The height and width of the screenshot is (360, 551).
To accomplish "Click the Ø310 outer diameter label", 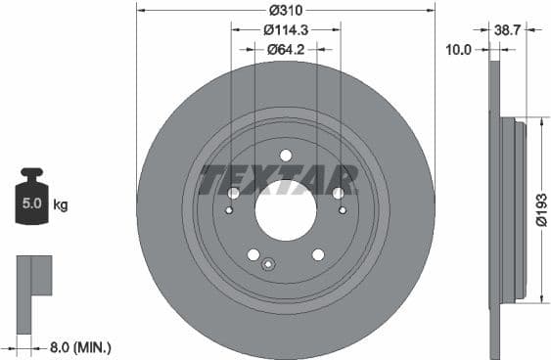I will [x=286, y=9].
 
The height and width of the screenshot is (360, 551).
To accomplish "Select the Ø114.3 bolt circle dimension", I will [x=286, y=29].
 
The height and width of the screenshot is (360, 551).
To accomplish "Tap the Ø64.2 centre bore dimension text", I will [x=286, y=48].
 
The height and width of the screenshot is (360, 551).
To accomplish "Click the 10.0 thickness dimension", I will [x=459, y=48].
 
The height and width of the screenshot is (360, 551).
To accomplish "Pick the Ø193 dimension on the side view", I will [x=540, y=208].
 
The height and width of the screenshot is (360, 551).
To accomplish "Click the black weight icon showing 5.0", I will [x=31, y=202].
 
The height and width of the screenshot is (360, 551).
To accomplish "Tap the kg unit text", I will [x=61, y=205].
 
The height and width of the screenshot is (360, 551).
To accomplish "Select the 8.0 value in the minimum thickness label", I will [x=60, y=346].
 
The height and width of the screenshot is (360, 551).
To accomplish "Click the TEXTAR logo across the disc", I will [x=279, y=180].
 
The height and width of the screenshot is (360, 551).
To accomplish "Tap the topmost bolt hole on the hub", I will [x=286, y=155].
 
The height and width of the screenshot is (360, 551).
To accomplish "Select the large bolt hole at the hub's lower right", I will [x=318, y=254].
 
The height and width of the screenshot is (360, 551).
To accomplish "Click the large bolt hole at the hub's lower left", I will [x=253, y=254].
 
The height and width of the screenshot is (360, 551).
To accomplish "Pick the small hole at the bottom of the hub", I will [x=270, y=262].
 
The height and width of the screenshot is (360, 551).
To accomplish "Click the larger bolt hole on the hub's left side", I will [x=234, y=193].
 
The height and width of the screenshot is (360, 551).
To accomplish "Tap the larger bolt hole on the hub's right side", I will [x=338, y=193].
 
